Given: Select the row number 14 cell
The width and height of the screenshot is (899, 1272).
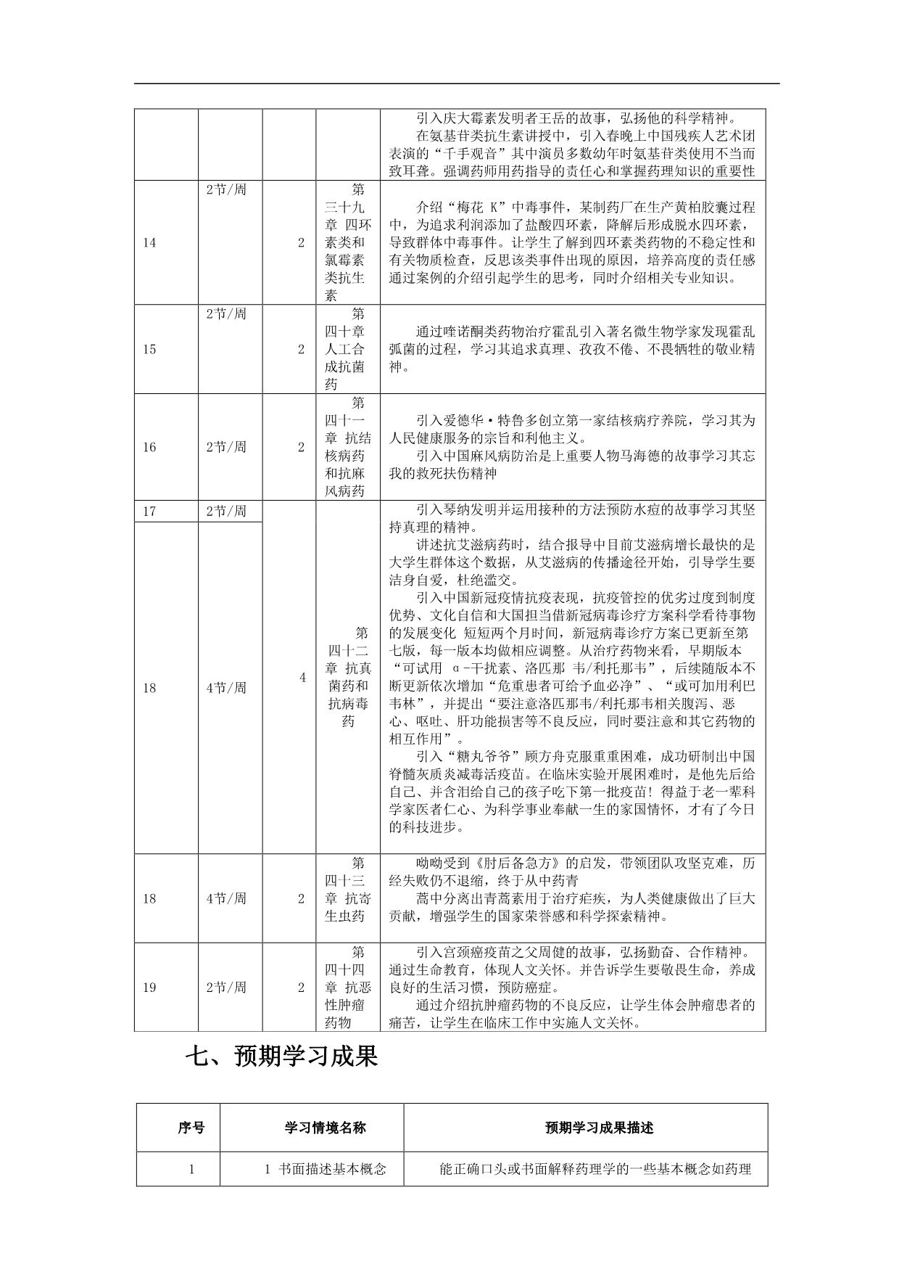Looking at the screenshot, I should [x=149, y=243].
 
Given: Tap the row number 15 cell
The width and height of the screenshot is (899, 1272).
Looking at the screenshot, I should [x=149, y=350].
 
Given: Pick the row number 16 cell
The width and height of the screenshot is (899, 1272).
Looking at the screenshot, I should [x=149, y=448].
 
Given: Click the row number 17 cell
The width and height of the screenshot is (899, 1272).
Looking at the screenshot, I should [x=149, y=512].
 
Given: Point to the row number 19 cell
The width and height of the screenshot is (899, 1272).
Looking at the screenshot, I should [x=149, y=988].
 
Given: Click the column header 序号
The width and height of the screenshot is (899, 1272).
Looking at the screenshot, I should [x=191, y=1128].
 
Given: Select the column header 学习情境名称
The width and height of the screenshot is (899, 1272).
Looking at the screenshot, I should [x=325, y=1128].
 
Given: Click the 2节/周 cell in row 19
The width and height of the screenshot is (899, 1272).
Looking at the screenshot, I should [x=226, y=988].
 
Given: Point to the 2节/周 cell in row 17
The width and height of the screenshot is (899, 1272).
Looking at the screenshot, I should [x=226, y=512].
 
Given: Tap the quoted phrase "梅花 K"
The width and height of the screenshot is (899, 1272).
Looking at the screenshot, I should [x=452, y=208].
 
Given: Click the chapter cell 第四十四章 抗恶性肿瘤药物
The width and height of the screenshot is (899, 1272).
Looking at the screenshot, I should [x=348, y=988].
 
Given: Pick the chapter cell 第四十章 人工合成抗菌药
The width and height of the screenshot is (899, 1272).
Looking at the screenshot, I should [x=348, y=350].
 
